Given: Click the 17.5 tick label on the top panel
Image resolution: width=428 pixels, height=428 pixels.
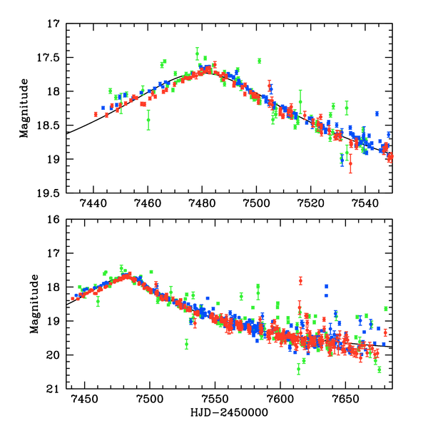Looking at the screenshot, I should coord(51,57).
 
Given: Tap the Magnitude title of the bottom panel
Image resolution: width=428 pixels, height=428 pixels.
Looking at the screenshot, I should coord(26,304).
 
